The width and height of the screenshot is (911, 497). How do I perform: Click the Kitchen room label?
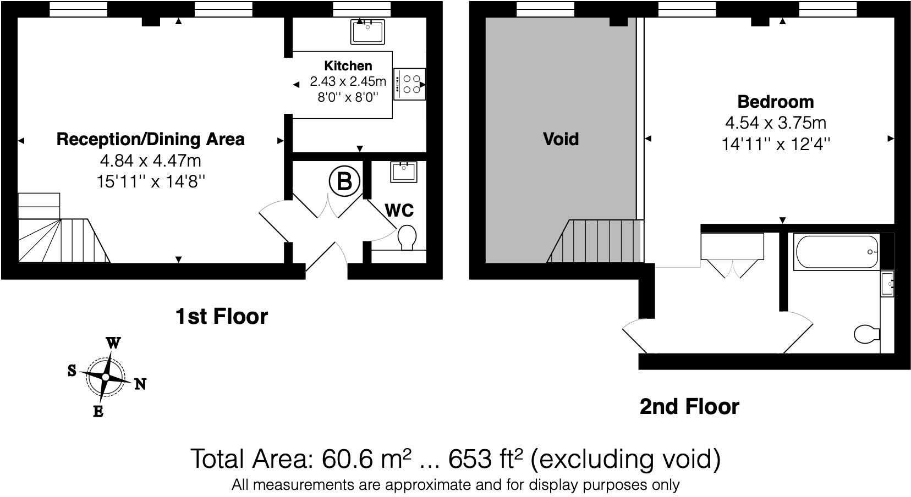pos(348,66)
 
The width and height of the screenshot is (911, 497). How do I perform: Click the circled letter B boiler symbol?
pos(344,181)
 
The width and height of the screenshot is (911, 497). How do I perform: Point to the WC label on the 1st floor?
pos(399,211)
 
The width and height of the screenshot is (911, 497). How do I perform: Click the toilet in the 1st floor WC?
pos(407,238)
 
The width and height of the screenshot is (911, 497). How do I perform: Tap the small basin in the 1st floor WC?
pos(404,172)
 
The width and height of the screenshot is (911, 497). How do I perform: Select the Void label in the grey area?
pos(561,139)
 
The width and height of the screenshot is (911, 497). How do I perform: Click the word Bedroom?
pos(775,102)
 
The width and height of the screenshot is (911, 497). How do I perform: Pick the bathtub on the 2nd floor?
pos(836,252)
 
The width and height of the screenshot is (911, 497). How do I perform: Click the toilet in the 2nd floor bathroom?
pos(866,333)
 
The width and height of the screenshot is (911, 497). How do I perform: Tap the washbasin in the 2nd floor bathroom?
pos(886,284)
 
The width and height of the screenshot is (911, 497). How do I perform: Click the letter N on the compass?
pos(140,384)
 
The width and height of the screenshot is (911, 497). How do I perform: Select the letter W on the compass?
pos(113,343)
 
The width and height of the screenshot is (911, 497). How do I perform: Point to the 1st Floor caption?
pos(221,316)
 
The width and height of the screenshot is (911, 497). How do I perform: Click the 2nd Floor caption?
pos(689,407)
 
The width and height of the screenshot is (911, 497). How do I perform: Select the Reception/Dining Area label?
pos(150,139)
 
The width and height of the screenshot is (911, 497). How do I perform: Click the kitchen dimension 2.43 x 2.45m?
pos(348,82)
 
